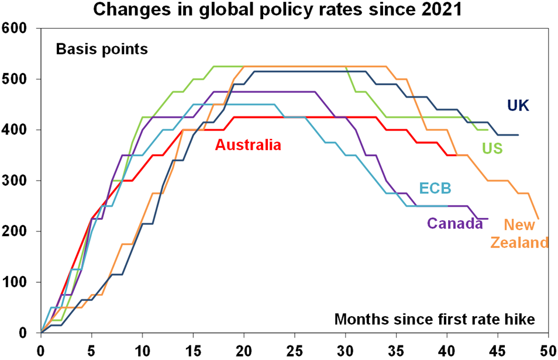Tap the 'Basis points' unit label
point(102,49)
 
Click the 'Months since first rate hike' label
point(435,320)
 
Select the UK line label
point(518,106)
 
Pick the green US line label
point(492,150)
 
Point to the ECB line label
point(436,188)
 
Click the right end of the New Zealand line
point(538,219)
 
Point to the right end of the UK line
point(518,135)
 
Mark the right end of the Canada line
point(487,219)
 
